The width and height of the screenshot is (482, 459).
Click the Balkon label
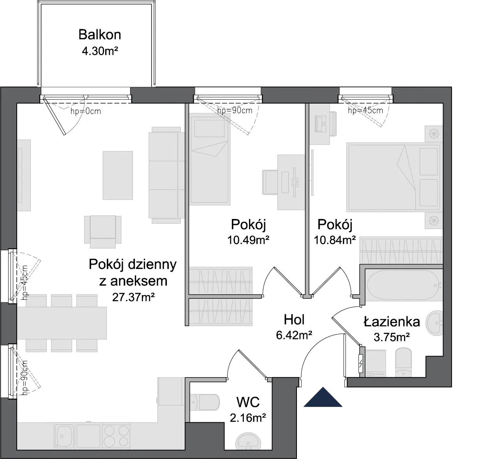coord(99,35)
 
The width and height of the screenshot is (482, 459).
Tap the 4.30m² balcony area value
coord(100,51)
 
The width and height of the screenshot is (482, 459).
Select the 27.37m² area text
coord(133,297)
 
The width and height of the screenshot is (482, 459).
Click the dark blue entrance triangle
coord(323,397)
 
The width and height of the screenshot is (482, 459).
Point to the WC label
coord(248,402)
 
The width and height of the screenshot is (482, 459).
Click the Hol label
coord(294,320)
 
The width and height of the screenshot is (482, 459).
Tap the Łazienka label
coord(392,322)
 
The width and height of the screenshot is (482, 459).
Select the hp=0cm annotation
coord(86,111)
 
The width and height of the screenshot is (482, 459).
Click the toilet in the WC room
coord(205,402)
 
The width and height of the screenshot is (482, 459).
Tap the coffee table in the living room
coord(118,175)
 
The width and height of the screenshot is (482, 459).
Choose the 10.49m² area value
coord(248,240)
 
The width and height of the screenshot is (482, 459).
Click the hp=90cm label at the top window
coord(235,111)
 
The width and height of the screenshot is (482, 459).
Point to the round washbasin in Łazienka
coord(434,323)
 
